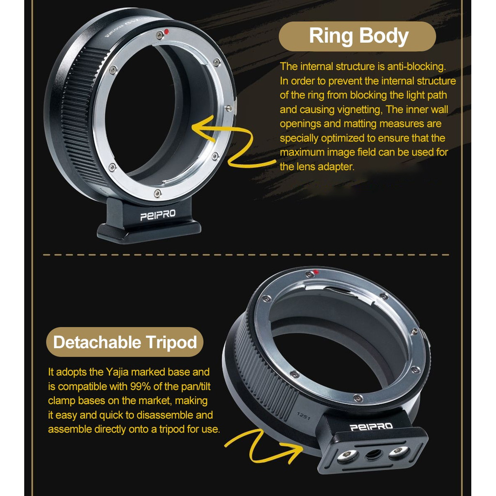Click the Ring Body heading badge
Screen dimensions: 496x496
pyautogui.click(x=358, y=36)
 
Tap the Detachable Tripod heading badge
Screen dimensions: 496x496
pyautogui.click(x=125, y=342)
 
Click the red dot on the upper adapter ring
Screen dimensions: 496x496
pyautogui.click(x=166, y=32)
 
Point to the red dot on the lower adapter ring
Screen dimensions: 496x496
pyautogui.click(x=316, y=272)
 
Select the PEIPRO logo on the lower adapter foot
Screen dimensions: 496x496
pyautogui.click(x=372, y=427)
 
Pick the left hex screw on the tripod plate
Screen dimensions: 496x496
pyautogui.click(x=348, y=455)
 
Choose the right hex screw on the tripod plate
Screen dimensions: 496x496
pyautogui.click(x=398, y=452)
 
